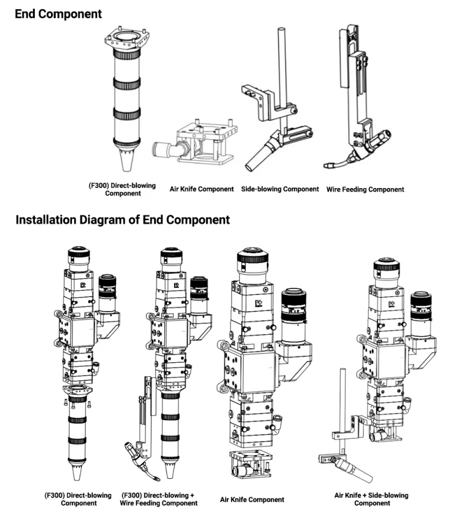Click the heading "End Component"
(58, 13)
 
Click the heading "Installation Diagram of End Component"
(122, 220)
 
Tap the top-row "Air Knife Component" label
(202, 189)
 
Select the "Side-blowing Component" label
(280, 189)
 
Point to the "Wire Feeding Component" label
(365, 189)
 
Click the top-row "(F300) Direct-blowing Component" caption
(122, 189)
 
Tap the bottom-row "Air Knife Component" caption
(252, 499)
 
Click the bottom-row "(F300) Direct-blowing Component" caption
(78, 499)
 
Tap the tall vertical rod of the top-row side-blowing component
(282, 64)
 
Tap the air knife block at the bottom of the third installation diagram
(252, 464)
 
